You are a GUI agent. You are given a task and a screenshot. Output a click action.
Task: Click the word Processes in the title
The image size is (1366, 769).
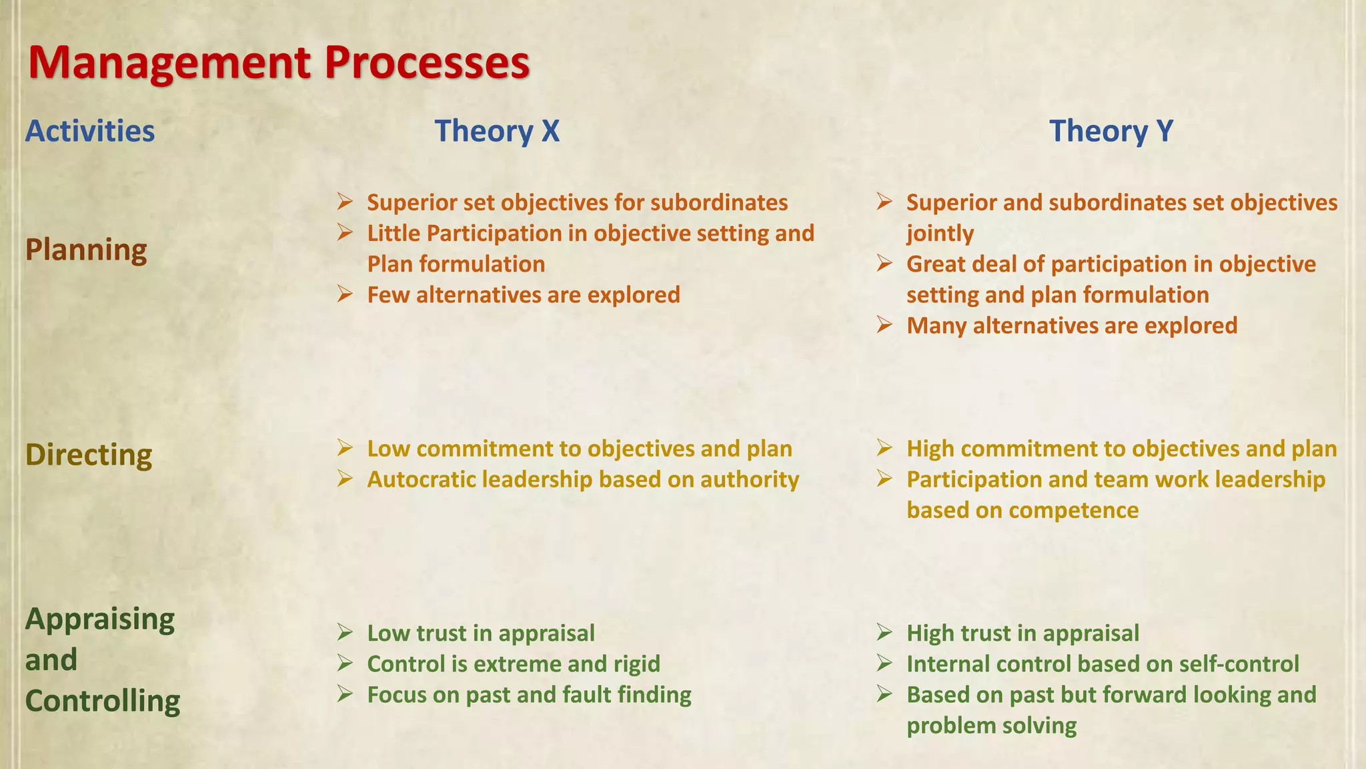tap(427, 63)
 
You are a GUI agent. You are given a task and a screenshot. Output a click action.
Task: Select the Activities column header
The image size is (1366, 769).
tap(90, 131)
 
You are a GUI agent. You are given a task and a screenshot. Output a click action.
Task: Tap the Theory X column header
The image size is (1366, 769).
tap(497, 131)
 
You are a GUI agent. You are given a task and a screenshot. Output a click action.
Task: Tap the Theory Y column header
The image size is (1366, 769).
tap(1111, 131)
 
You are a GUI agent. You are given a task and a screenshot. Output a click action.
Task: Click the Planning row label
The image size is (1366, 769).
tap(86, 250)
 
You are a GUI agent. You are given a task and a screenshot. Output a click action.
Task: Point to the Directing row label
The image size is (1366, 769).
tap(89, 455)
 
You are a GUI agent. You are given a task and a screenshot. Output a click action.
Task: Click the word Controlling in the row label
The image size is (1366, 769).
tap(103, 702)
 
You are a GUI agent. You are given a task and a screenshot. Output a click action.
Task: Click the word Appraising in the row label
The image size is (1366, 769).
tap(100, 619)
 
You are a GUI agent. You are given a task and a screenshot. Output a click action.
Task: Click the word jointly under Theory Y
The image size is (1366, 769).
tap(940, 234)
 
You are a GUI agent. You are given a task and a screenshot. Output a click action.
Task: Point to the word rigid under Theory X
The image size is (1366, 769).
tap(636, 664)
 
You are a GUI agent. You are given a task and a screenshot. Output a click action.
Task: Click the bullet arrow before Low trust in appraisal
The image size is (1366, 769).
tap(345, 632)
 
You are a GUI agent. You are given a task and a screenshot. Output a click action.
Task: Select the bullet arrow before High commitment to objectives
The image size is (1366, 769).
tap(884, 448)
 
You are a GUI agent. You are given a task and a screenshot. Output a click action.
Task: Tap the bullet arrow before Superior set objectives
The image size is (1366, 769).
tap(345, 202)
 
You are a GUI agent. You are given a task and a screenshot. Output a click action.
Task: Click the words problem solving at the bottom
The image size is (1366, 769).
tap(991, 726)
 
